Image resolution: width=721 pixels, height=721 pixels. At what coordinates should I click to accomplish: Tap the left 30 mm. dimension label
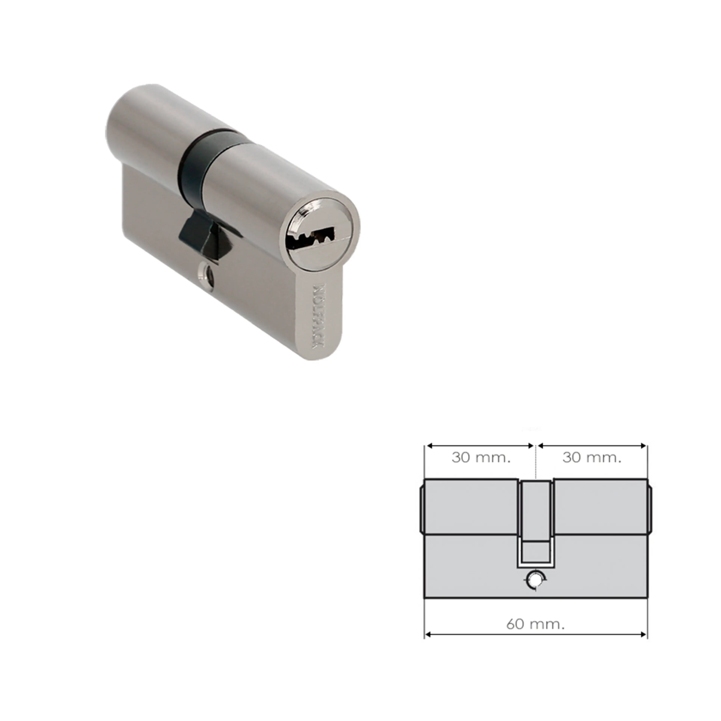[x=481, y=458]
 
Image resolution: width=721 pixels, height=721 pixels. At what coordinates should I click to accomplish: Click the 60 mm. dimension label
[x=535, y=624]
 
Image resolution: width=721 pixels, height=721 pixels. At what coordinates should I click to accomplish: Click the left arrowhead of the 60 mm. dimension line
[x=428, y=634]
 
